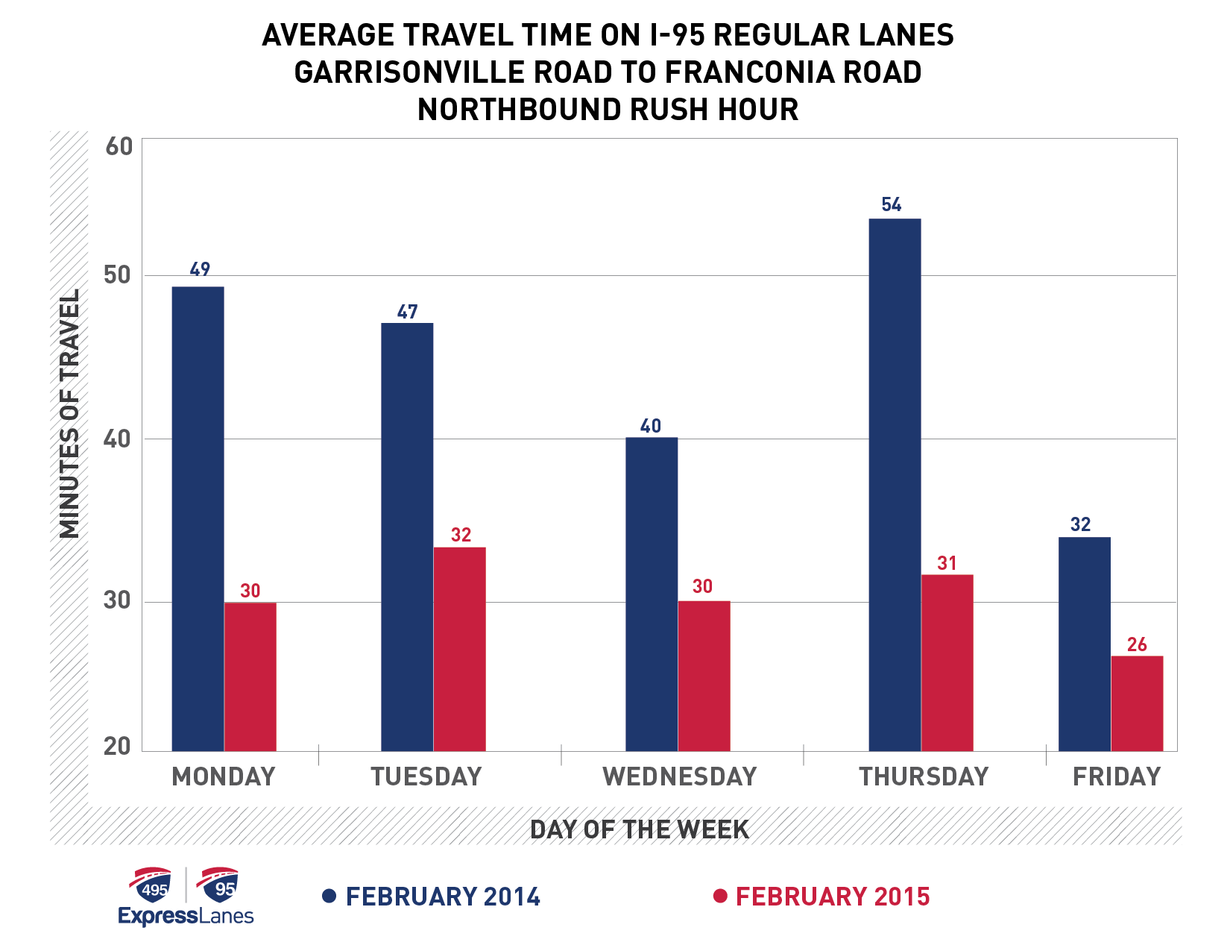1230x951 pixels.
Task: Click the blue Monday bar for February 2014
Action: point(198,518)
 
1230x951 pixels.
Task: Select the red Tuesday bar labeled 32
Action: point(459,649)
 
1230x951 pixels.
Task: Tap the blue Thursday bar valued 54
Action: point(895,485)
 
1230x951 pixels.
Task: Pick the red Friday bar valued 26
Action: point(1137,703)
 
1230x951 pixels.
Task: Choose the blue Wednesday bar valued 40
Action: point(652,594)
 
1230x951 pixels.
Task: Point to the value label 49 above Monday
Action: point(200,269)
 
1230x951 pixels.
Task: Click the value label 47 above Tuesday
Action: point(407,312)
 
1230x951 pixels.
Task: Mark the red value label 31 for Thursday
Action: point(947,563)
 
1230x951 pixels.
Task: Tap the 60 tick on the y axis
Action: point(119,147)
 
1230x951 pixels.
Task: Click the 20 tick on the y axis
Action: point(118,746)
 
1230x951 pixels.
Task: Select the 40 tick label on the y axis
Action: point(118,439)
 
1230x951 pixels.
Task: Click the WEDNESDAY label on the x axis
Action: point(679,777)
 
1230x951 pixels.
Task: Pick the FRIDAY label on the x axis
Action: point(1117,777)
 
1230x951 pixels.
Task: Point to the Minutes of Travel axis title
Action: point(69,414)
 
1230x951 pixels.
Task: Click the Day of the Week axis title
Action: point(639,829)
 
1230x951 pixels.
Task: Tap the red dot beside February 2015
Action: point(719,896)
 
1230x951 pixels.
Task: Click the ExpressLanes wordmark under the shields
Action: point(186,916)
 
